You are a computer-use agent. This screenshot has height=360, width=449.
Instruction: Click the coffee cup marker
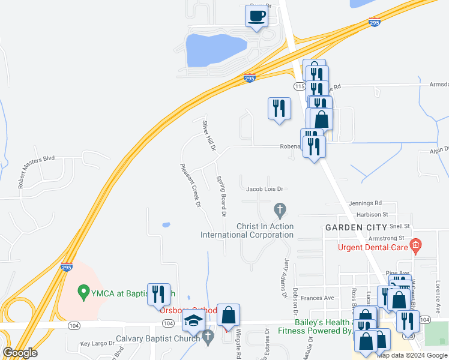point(257,16)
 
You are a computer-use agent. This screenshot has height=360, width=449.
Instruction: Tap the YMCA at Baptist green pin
point(84,293)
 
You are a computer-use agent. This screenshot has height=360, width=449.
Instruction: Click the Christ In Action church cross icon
point(279,210)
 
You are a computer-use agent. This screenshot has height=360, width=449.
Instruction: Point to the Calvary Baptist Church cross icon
point(208,338)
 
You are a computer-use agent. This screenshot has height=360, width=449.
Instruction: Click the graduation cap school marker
point(194,323)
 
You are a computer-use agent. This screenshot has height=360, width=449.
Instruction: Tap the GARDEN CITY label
point(352,227)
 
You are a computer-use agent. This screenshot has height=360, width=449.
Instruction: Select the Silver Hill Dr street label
point(208,136)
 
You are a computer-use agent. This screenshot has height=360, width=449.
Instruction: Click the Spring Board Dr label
point(221,196)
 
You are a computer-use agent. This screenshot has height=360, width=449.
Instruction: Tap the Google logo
point(20,352)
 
